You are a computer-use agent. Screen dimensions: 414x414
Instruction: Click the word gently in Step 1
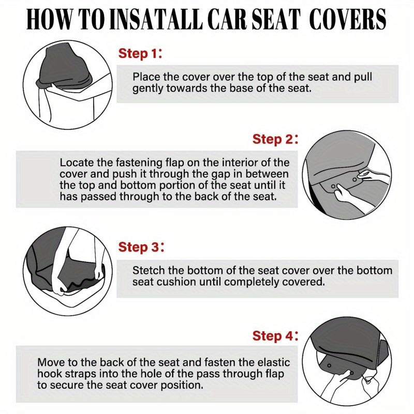(x=149, y=88)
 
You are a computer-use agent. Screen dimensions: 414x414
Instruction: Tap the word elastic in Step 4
(x=272, y=362)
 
